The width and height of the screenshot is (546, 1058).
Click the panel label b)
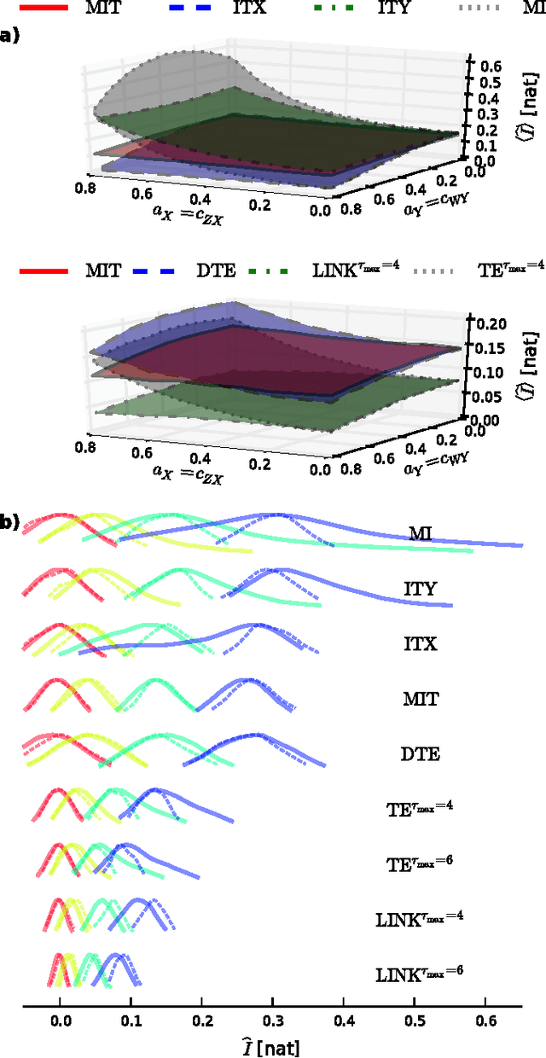pyautogui.click(x=9, y=522)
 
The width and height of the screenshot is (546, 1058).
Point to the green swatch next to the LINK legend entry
pyautogui.click(x=310, y=271)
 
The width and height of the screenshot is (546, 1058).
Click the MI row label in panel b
pyautogui.click(x=420, y=533)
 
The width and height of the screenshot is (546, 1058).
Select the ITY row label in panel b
pyautogui.click(x=420, y=588)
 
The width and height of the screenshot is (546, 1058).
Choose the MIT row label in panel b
pyautogui.click(x=420, y=699)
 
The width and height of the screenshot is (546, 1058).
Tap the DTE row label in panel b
pyautogui.click(x=420, y=753)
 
